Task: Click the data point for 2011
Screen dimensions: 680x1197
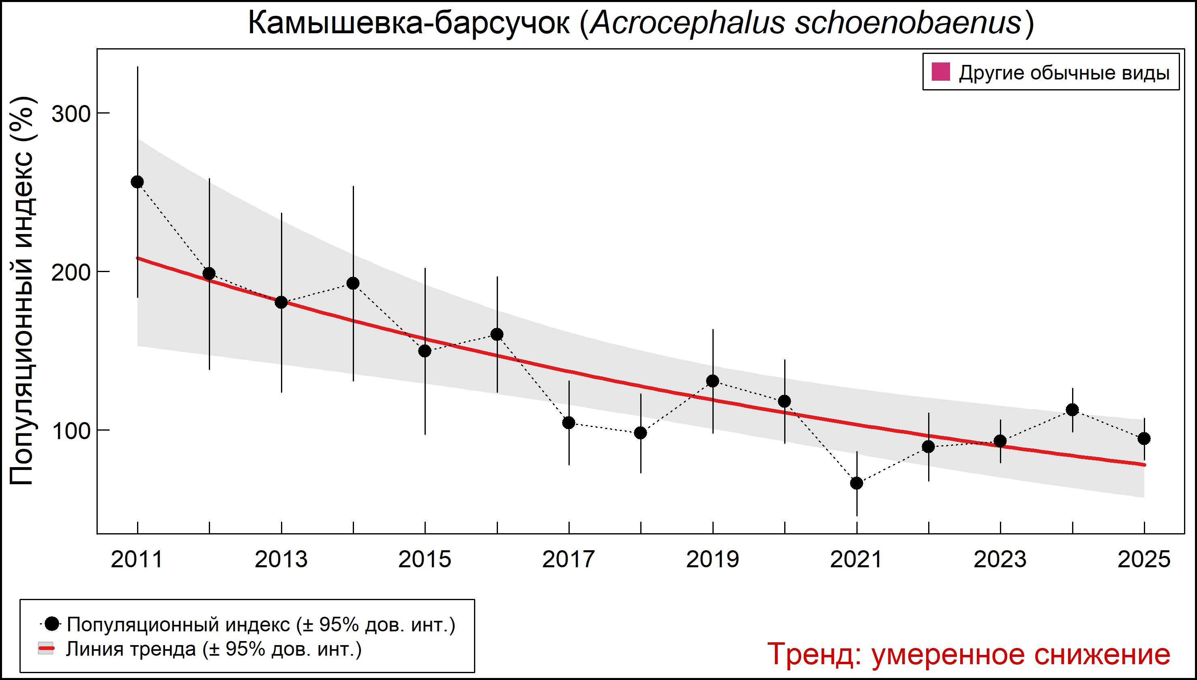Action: pos(137,182)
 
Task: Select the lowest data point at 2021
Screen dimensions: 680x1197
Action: pos(856,483)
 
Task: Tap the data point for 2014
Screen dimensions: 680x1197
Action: pos(353,283)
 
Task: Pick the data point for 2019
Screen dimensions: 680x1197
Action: pos(713,381)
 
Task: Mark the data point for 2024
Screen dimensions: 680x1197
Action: pos(1072,410)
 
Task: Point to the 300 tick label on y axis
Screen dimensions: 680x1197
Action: pos(71,114)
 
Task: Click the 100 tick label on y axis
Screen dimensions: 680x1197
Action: pos(71,431)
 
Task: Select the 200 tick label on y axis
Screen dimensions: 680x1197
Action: pos(71,272)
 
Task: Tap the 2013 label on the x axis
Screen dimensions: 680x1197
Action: pos(281,560)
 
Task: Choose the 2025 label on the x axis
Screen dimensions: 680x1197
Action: pos(1144,560)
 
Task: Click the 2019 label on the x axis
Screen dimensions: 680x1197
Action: pos(713,560)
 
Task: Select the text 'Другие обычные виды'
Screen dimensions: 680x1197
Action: pos(1064,73)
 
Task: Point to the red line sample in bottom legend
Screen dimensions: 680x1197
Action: pos(46,649)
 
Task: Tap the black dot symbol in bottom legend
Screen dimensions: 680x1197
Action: pos(53,624)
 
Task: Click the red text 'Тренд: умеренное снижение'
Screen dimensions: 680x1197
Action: pos(969,654)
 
